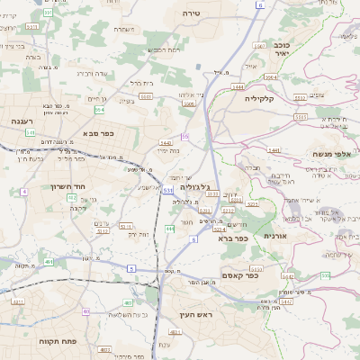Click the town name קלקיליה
[265, 99]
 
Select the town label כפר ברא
[231, 238]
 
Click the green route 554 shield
[99, 110]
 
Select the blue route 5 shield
[131, 268]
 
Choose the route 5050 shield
[256, 268]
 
